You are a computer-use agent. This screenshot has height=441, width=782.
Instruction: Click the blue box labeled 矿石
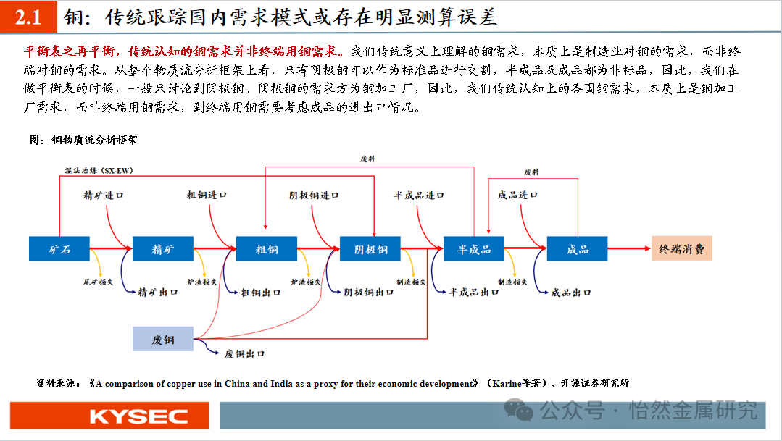point(59,249)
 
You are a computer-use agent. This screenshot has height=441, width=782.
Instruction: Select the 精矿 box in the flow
point(163,249)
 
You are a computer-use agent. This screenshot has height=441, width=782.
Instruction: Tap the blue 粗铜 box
point(267,249)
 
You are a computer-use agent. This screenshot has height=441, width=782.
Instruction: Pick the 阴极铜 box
point(370,249)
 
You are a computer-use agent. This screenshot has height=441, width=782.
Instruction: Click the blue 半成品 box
point(474,249)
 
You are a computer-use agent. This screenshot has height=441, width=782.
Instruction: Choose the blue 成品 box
point(577,249)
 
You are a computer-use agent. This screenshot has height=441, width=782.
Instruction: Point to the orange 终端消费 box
point(681,249)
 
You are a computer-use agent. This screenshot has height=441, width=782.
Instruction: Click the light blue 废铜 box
point(163,339)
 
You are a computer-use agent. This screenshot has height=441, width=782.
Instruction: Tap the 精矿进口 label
point(104,196)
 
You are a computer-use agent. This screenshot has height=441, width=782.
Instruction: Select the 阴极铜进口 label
point(314,196)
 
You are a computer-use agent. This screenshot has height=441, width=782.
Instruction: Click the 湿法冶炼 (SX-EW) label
point(99,170)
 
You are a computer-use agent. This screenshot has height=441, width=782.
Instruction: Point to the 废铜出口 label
point(244,353)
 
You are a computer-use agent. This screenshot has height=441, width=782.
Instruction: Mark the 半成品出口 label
point(474,293)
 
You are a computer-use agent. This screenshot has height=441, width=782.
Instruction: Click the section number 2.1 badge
point(28,17)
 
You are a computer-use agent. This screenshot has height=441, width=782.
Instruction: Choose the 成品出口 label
point(571,293)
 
